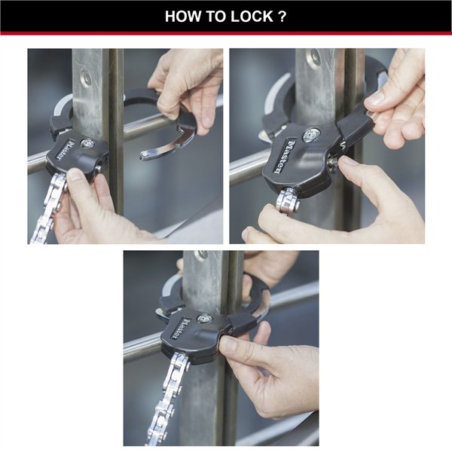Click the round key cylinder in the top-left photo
pos(88,143)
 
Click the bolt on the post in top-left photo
pos(88,78)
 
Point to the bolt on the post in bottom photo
pos(202,255)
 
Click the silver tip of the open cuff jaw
pos(150,154)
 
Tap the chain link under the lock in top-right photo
pos(286,202)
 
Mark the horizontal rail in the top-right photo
pos(249,167)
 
